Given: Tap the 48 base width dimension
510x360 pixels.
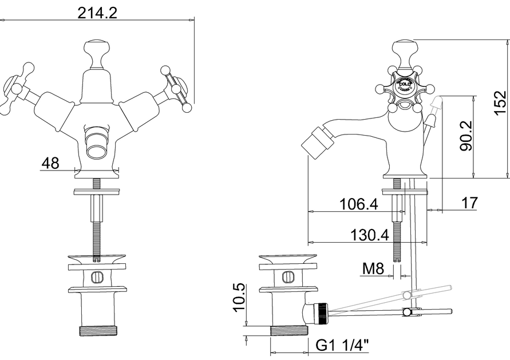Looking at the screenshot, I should point(50,163).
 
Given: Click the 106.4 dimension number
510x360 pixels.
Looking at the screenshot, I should point(358,204).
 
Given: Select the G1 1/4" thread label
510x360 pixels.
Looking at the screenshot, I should point(342,345).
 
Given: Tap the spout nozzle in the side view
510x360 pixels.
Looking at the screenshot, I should point(314,141).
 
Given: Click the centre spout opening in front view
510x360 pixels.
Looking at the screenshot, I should point(97,150).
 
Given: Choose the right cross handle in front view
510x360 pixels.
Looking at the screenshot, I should point(175,88).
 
